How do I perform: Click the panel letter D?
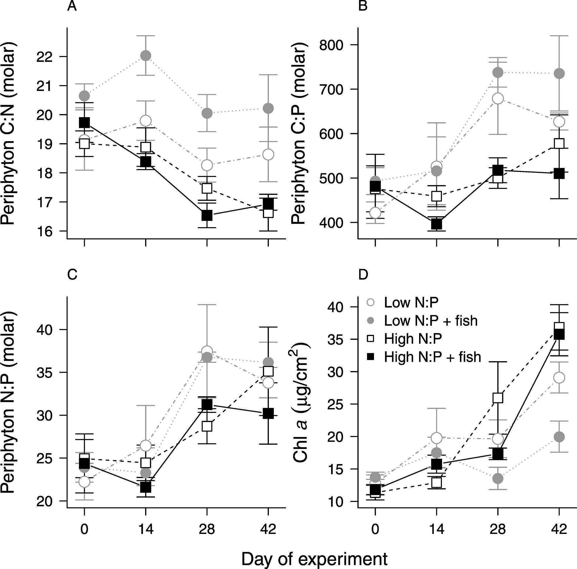363,275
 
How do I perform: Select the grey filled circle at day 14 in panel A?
145,56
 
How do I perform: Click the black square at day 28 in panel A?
207,215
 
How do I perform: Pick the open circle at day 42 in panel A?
268,155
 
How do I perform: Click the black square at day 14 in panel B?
437,224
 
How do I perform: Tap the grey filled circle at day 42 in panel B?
559,73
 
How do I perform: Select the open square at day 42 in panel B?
559,143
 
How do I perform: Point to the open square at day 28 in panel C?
207,426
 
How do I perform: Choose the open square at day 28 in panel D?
498,398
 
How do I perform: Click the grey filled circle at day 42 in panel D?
559,437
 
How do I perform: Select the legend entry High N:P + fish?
433,357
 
